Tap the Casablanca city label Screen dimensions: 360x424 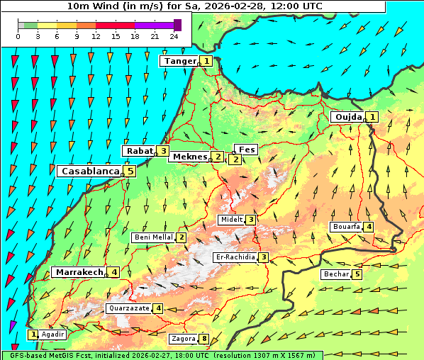pyautogui.click(x=89, y=171)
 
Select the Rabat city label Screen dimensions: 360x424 pyautogui.click(x=139, y=151)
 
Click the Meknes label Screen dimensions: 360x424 pyautogui.click(x=189, y=157)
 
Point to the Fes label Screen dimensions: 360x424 pyautogui.click(x=247, y=150)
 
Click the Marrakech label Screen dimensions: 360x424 pyautogui.click(x=78, y=272)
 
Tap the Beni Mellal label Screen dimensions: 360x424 pyautogui.click(x=153, y=237)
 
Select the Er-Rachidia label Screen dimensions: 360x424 pyautogui.click(x=235, y=257)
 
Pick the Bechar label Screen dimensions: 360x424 pyautogui.click(x=336, y=274)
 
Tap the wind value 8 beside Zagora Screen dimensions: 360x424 pyautogui.click(x=205, y=339)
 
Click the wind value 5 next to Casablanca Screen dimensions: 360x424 pyautogui.click(x=130, y=171)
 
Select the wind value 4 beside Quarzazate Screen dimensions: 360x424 pyautogui.click(x=158, y=308)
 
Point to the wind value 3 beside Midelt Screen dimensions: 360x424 pyautogui.click(x=251, y=220)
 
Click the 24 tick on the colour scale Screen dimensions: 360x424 pyautogui.click(x=173, y=35)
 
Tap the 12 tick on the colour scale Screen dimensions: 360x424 pyautogui.click(x=96, y=35)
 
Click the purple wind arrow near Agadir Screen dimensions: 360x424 pyautogui.click(x=12, y=325)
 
